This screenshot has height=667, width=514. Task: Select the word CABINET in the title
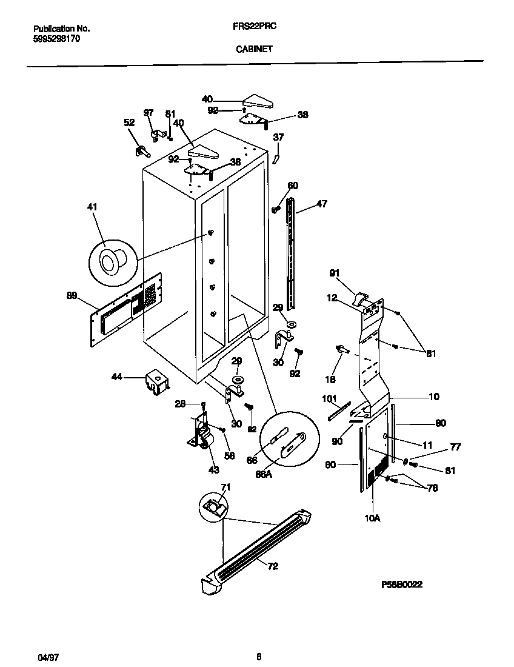coord(254,51)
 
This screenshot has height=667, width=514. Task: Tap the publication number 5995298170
coord(56,38)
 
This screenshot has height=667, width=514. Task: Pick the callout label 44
coord(116,377)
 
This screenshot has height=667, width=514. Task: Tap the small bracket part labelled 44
coord(156,383)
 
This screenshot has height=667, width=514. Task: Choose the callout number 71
coord(225,487)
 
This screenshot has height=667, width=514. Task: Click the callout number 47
coord(321,204)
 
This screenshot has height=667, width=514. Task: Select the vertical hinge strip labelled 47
coord(292,249)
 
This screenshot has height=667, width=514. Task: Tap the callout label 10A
coord(372,518)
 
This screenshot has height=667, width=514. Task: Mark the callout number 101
coord(329,398)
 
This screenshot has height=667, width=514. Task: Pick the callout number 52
coord(128,122)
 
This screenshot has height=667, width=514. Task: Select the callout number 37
coord(278,137)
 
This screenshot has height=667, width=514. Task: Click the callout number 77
coord(455,447)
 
